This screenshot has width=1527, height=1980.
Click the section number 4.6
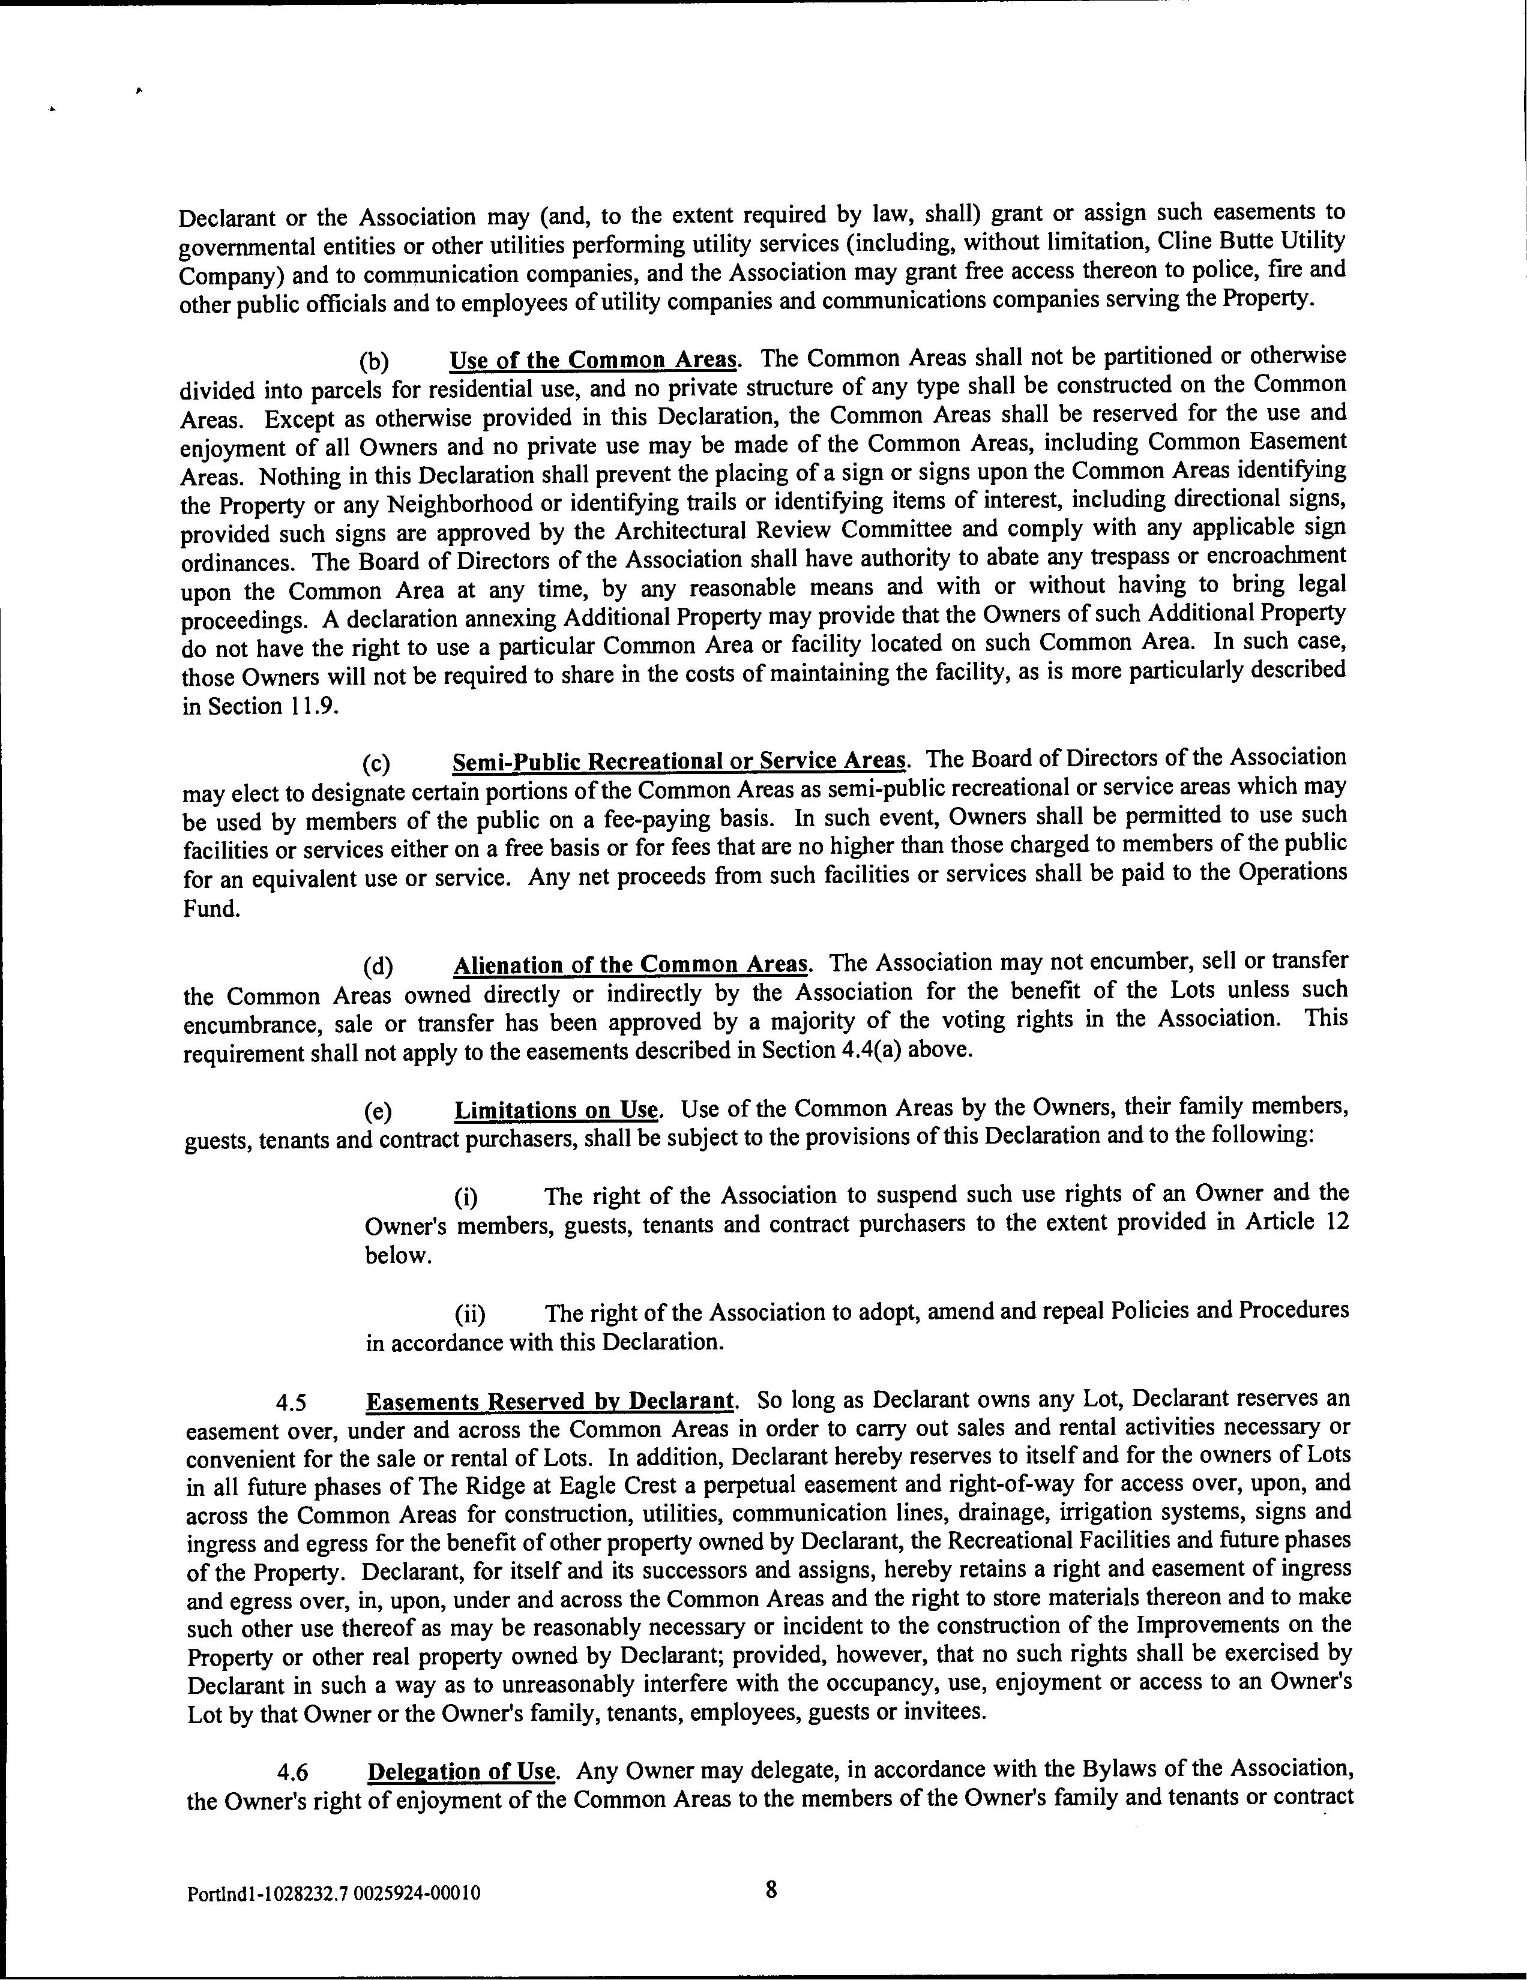point(293,1773)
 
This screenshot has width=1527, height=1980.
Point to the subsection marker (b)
point(373,362)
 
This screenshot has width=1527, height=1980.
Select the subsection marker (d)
point(377,967)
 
